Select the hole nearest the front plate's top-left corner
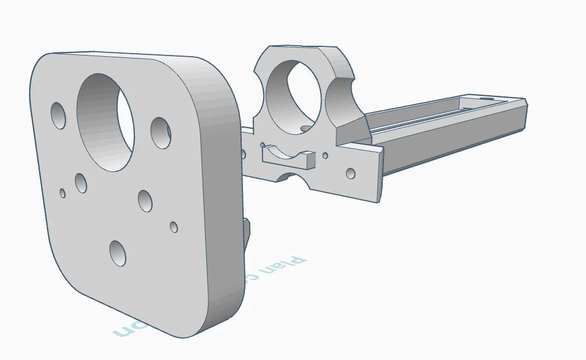[59, 116]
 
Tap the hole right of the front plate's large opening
[161, 132]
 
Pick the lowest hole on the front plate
[118, 253]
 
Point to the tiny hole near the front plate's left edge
[62, 193]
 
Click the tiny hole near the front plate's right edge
[173, 227]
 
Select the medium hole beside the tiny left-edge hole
[81, 182]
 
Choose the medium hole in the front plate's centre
[145, 201]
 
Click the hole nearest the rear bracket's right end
[350, 173]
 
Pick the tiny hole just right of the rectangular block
[325, 156]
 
